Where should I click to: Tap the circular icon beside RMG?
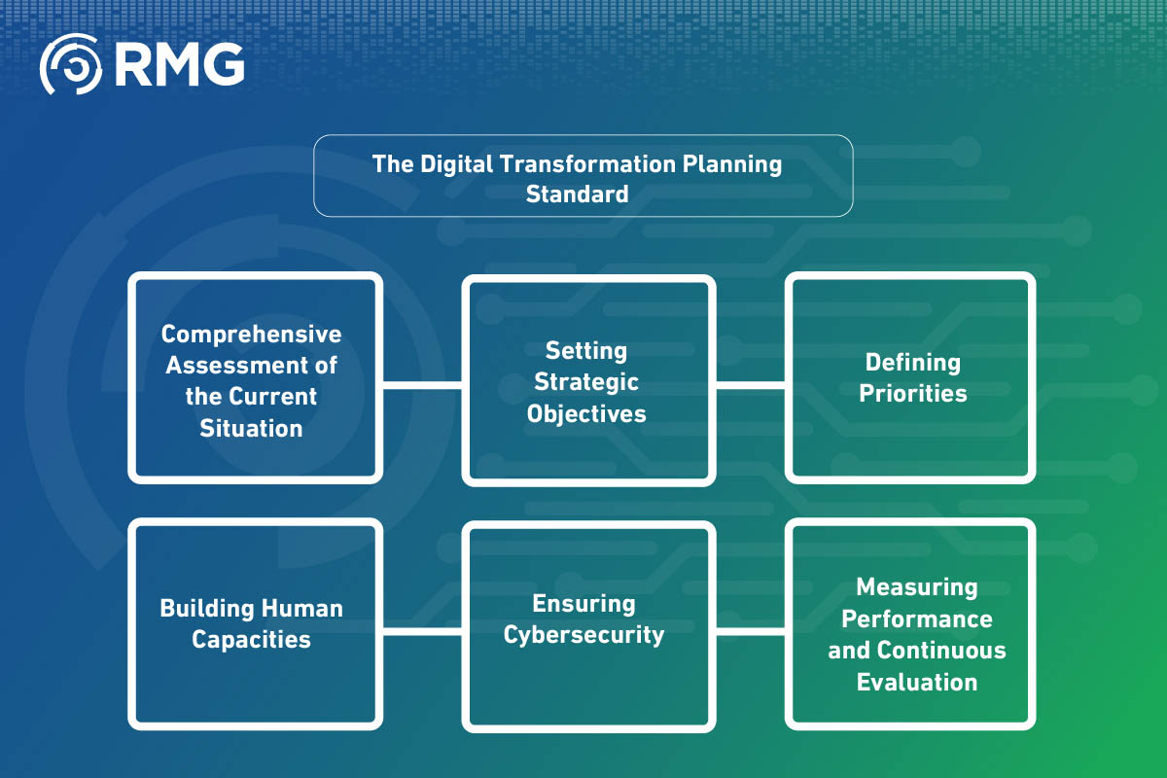70,64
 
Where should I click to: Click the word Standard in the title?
577,194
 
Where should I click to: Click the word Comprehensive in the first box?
252,335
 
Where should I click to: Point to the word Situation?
252,428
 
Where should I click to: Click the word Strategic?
586,381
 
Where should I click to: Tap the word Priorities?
913,394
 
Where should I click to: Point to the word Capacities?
252,639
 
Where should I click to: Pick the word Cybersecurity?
584,635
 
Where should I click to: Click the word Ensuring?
584,604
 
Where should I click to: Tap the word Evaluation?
916,682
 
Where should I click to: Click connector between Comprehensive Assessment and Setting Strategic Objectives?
421,384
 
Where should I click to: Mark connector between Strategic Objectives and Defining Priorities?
750,384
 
